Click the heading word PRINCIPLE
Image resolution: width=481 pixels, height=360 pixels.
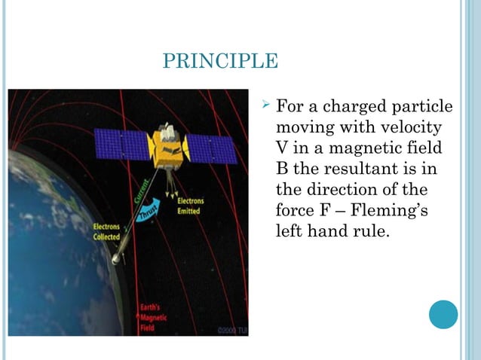(x=220, y=61)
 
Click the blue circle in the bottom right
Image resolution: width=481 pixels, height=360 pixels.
(x=443, y=314)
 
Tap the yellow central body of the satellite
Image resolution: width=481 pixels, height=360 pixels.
(x=167, y=146)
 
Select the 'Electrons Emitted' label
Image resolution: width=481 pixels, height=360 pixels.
(x=191, y=206)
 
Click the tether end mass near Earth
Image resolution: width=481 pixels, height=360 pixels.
(x=115, y=258)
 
